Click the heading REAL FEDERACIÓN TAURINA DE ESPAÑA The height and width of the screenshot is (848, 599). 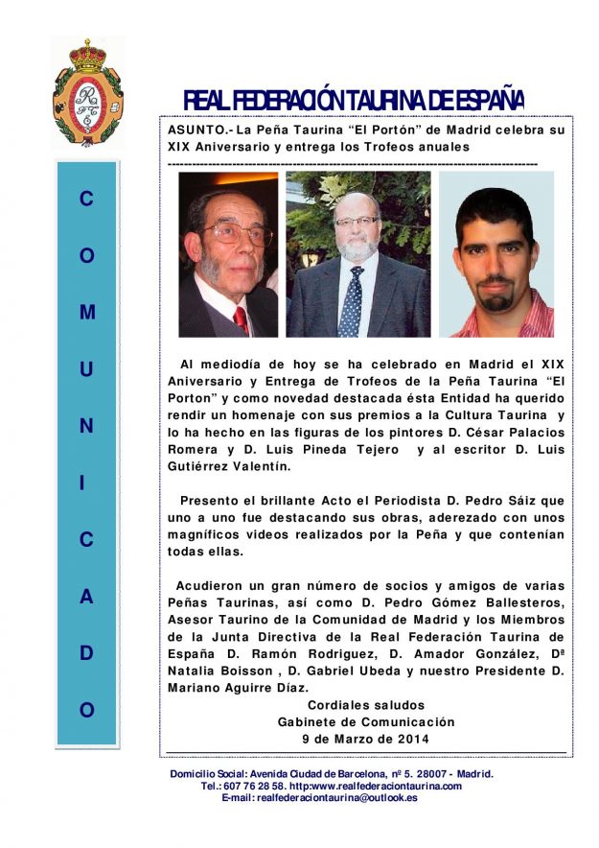click(353, 100)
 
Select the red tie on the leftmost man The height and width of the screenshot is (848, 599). click(240, 319)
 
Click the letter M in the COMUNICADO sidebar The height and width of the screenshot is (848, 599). click(87, 313)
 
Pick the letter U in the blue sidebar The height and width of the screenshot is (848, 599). click(87, 369)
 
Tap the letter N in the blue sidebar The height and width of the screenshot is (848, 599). click(87, 426)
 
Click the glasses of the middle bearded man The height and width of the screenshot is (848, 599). click(356, 221)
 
